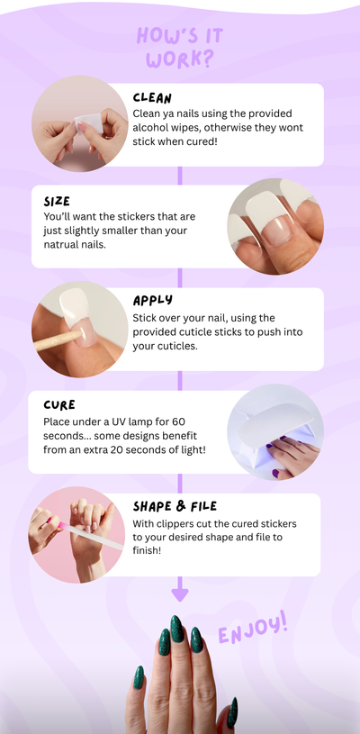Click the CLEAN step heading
pos(152,98)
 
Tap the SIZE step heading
pos(57,202)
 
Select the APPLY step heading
pos(152,301)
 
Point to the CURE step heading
pos(59,405)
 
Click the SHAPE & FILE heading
pos(175,506)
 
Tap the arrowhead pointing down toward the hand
pos(179,594)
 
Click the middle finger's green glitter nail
pos(176,629)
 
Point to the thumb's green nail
pos(232,712)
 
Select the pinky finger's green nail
pos(139,677)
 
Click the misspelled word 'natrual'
pos(61,244)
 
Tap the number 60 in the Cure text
pos(178,421)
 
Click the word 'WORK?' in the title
pos(179,59)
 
